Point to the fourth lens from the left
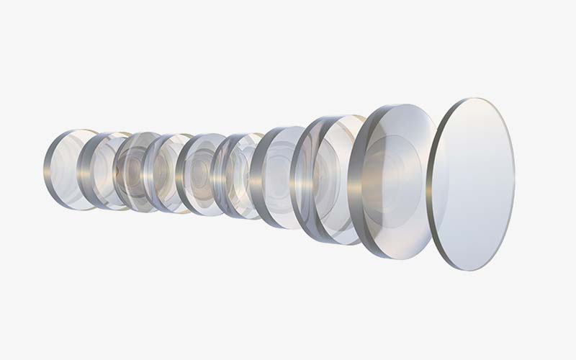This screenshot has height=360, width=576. pos(167,173)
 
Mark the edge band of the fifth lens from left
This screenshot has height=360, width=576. pos(182,174)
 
